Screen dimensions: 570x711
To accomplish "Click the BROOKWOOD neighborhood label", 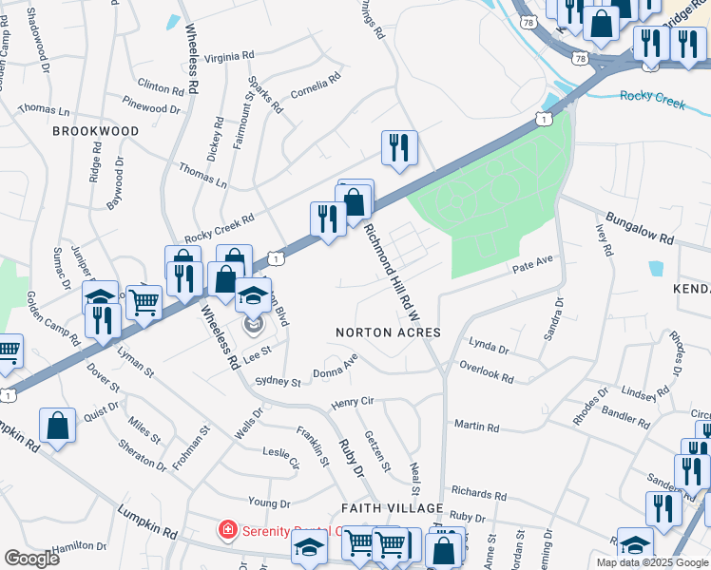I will coord(95,131).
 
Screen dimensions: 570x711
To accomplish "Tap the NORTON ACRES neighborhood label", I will coord(389,332).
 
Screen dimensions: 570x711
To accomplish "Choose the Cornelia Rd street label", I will coord(315,88).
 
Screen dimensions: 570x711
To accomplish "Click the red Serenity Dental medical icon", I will coord(228,529).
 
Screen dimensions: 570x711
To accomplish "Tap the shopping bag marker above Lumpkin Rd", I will coord(57,427).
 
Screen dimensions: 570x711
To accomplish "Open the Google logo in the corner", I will coord(31,559).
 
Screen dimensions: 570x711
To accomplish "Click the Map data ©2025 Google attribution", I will coord(651,562).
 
